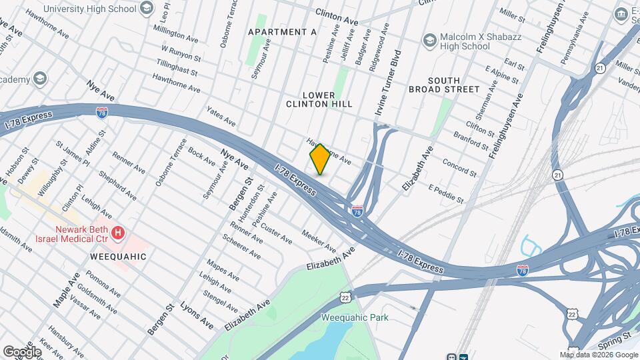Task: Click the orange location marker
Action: tap(320, 159)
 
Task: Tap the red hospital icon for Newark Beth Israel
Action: tap(118, 233)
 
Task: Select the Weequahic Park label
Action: tap(354, 317)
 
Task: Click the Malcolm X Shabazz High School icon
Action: tap(429, 41)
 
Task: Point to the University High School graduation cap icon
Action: tap(147, 9)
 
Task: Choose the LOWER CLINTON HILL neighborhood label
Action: tap(319, 99)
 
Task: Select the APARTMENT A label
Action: tap(282, 32)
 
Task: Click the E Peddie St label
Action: tap(446, 193)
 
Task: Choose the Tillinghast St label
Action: tap(177, 68)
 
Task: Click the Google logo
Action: tap(23, 351)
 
